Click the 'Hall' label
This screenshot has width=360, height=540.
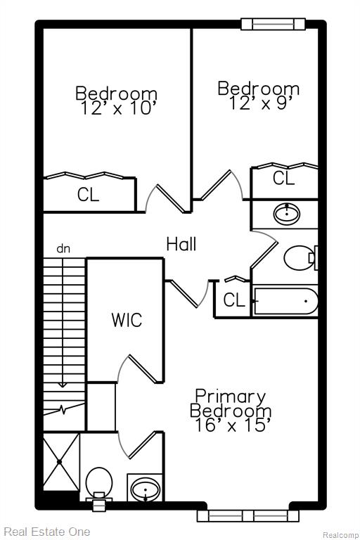point(181,244)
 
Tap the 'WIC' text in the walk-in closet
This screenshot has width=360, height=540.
point(127,320)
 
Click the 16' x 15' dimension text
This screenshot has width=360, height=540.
point(231,425)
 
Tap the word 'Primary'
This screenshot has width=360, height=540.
point(231,397)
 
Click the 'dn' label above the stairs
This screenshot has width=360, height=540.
point(63,249)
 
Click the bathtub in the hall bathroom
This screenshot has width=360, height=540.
point(285,301)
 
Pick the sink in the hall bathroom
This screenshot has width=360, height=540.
point(287,214)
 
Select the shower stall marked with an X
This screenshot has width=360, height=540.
point(61,461)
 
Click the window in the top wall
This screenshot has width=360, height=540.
point(274,24)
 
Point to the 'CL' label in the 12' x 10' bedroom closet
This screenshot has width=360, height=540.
point(88,195)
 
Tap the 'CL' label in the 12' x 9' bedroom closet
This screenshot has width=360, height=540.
point(283,178)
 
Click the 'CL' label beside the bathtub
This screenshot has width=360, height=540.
point(234,300)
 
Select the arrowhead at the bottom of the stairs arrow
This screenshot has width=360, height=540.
point(63,385)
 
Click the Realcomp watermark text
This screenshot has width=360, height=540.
point(340,535)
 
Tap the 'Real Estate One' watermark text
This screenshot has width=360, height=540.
point(47,532)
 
